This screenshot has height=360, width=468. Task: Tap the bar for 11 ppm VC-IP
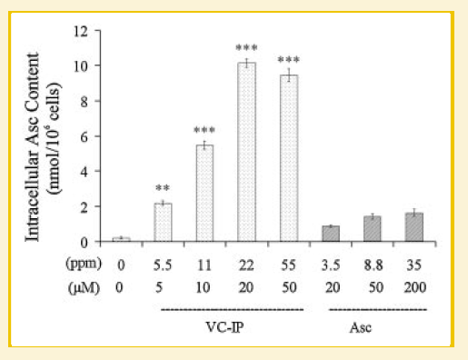204,194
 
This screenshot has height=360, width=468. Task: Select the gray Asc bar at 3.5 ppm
331,235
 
